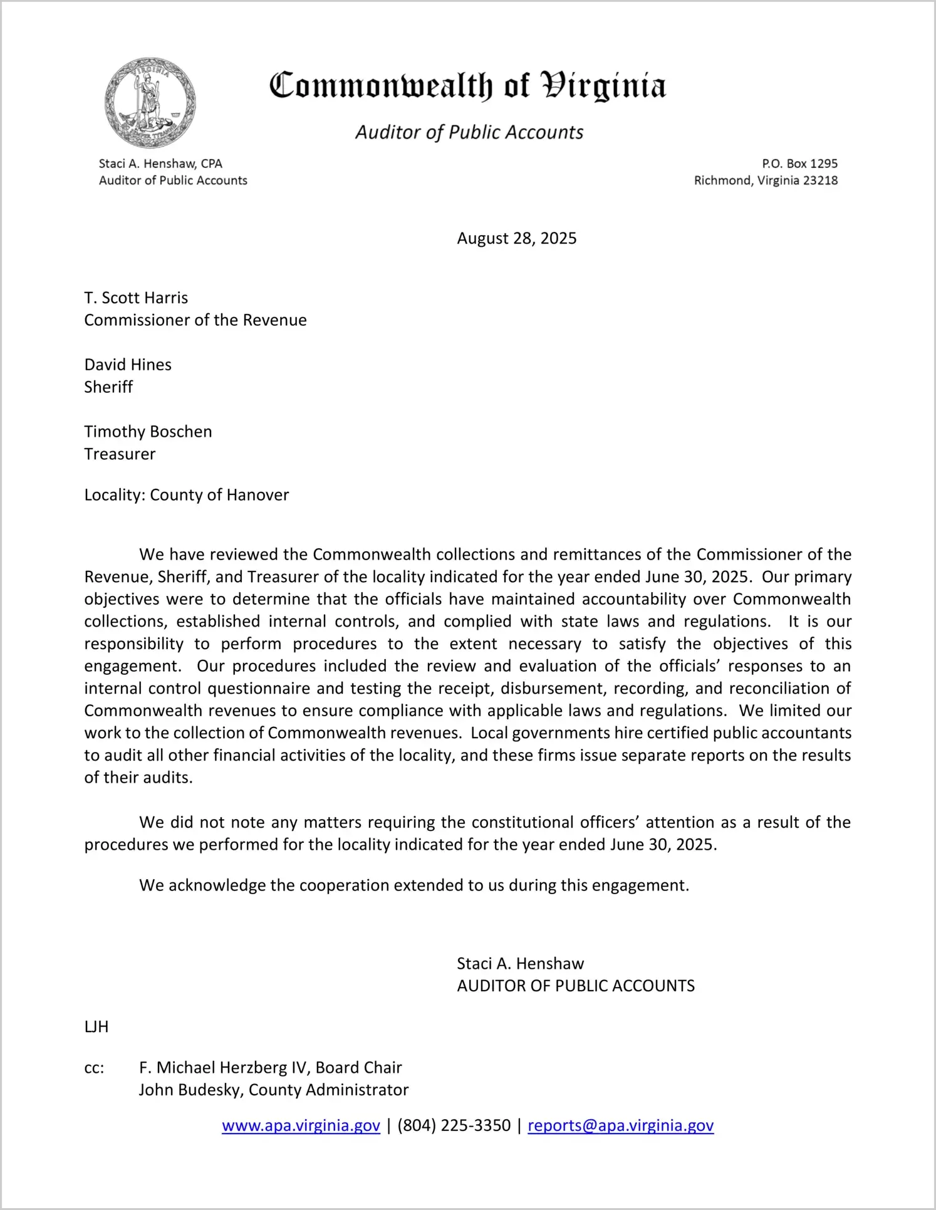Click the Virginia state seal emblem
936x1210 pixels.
(x=150, y=103)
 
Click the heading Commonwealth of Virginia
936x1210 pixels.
(x=467, y=86)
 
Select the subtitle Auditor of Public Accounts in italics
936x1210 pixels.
(x=469, y=132)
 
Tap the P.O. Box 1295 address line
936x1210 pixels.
(x=799, y=164)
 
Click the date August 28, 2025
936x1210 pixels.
(x=516, y=238)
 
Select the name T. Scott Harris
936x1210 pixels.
(x=136, y=298)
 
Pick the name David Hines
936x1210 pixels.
(x=128, y=365)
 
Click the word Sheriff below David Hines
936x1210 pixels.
(x=108, y=387)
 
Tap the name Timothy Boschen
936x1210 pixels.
(x=148, y=432)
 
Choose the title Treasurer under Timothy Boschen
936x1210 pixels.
(x=120, y=454)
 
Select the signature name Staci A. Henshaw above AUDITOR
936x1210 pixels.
(x=520, y=964)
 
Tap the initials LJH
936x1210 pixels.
(x=96, y=1027)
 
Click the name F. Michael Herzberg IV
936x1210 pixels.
(x=222, y=1068)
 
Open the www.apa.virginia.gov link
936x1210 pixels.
(x=301, y=1125)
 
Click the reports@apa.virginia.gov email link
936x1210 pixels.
(x=620, y=1125)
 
